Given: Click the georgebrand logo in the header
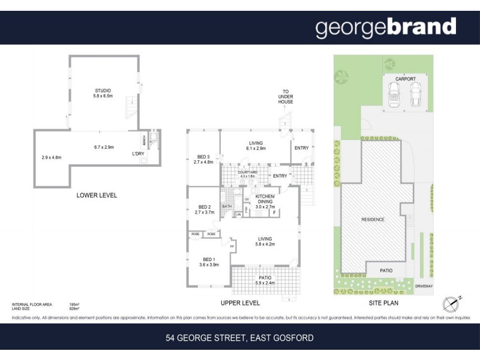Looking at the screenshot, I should [386, 28].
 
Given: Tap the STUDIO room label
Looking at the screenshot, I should [103, 91].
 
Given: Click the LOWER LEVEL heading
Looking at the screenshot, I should [96, 196].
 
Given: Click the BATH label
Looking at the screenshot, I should [227, 206].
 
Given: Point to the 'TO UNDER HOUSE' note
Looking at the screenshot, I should [286, 97].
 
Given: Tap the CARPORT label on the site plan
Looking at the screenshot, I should [406, 79].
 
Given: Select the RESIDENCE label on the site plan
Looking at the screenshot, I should [373, 220].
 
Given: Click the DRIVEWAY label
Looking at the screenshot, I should [424, 286].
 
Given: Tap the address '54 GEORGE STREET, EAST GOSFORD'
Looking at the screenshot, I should [239, 338].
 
